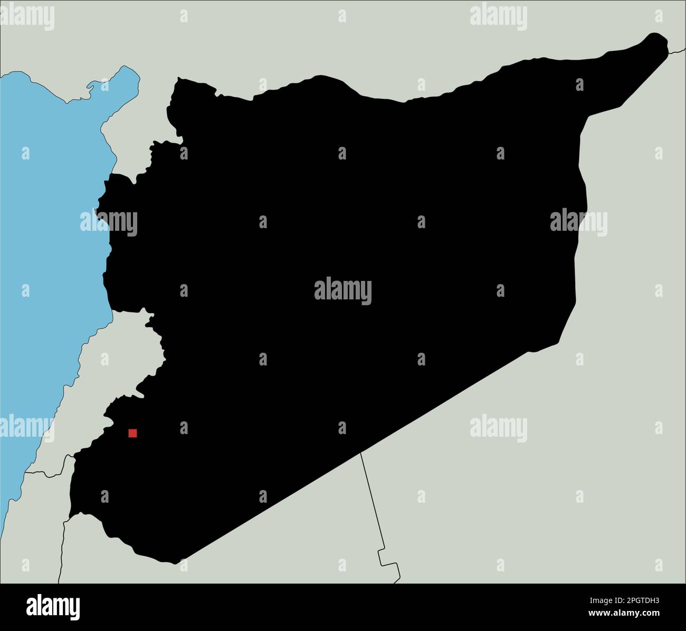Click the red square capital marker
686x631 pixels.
point(132,433)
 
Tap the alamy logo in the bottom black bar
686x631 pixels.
point(53,607)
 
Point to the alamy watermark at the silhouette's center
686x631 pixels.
point(342,291)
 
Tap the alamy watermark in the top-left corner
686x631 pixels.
point(27,17)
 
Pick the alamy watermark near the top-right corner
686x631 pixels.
point(498,16)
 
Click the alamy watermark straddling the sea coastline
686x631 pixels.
point(109,223)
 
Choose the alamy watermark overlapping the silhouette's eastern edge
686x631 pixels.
point(578,222)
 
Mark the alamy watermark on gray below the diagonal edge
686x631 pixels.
point(498,428)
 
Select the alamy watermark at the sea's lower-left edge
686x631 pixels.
point(26,428)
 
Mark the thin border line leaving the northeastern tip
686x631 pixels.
point(677,51)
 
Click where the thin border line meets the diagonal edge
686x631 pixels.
point(360,453)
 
